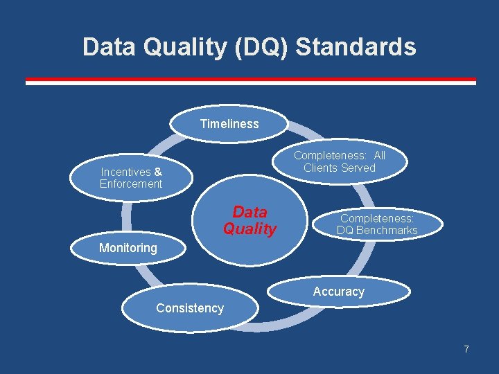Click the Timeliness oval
tap(229, 124)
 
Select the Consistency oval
tap(190, 309)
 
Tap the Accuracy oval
tap(338, 292)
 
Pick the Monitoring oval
tap(128, 248)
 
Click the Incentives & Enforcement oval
tap(131, 178)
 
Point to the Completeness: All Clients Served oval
tap(340, 162)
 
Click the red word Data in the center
tap(249, 212)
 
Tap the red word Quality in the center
tap(249, 229)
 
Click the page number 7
tap(466, 349)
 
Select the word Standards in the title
tap(356, 47)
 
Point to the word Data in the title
tap(107, 47)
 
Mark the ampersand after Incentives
tap(158, 172)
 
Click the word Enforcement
tap(131, 184)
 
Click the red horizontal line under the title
tap(250, 80)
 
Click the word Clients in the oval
tap(319, 168)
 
